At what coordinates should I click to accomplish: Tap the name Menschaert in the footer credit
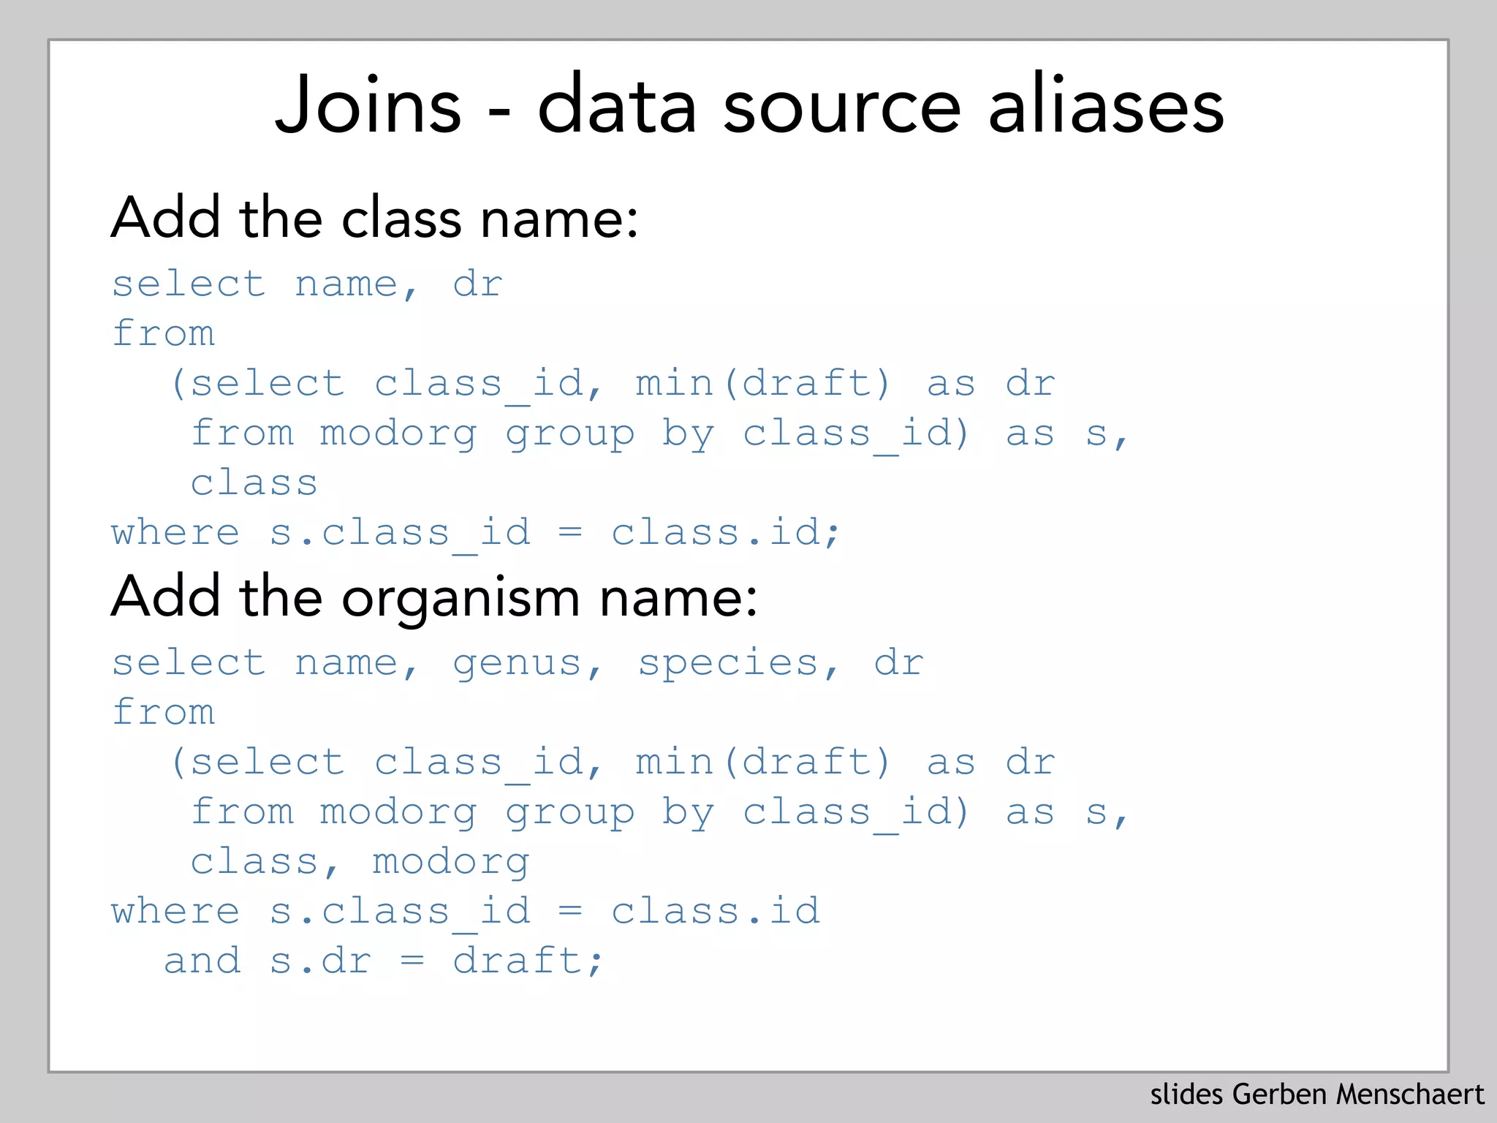tap(1410, 1094)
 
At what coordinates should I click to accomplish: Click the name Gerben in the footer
tap(1279, 1094)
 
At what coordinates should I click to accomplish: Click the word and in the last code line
tap(202, 960)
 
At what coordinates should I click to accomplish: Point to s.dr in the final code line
tap(320, 960)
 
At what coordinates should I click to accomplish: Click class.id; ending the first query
tap(726, 532)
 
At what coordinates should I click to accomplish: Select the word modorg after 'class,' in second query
tap(450, 862)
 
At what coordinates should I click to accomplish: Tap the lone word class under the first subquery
tap(254, 483)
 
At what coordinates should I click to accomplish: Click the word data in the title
tap(617, 106)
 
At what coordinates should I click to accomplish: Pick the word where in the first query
tap(175, 532)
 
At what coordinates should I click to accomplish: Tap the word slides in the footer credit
tap(1186, 1094)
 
